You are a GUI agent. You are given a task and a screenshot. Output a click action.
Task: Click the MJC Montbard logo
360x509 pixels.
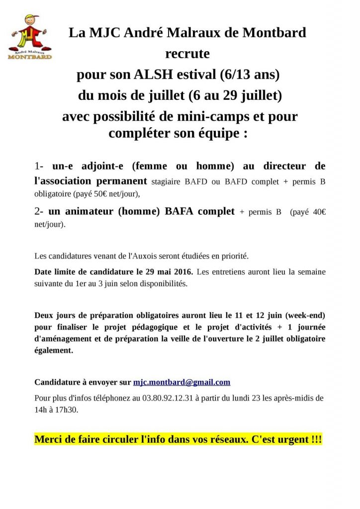click(30, 37)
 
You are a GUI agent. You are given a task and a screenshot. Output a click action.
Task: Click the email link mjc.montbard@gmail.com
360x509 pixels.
click(181, 382)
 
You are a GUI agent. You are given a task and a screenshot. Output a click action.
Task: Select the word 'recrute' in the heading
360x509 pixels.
click(187, 53)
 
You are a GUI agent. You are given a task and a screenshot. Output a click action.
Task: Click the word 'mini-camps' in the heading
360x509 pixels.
click(212, 117)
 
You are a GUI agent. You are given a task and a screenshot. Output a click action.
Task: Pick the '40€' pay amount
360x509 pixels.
click(316, 211)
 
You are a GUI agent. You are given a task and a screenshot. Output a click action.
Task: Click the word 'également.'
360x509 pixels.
click(54, 350)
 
